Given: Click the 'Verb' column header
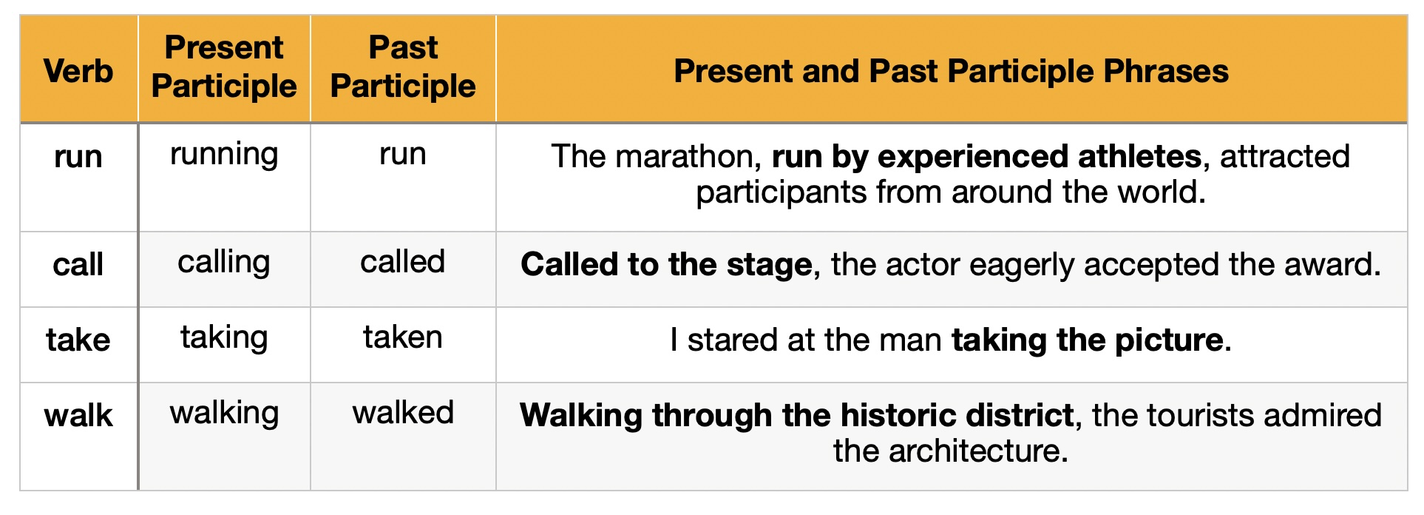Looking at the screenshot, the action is point(78,71).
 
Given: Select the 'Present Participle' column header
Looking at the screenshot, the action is point(224,67).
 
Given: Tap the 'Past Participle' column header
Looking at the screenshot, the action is point(403,67).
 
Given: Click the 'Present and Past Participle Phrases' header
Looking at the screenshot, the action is point(951,71).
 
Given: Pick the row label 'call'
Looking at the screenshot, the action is point(78,264).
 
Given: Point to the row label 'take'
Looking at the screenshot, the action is point(78,340).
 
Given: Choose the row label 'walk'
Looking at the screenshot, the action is point(78,415).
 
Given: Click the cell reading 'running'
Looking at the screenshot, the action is point(224,155).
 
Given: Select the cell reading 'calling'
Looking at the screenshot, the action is point(224,263).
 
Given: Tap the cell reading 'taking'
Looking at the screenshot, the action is point(224,339).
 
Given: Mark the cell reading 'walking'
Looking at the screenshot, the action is point(224,414).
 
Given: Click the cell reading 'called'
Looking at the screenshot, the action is point(403,261).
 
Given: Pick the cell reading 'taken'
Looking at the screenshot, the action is point(403,337).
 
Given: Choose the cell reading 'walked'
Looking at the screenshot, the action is point(403,412).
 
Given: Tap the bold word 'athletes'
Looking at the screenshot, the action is point(1139,157).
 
